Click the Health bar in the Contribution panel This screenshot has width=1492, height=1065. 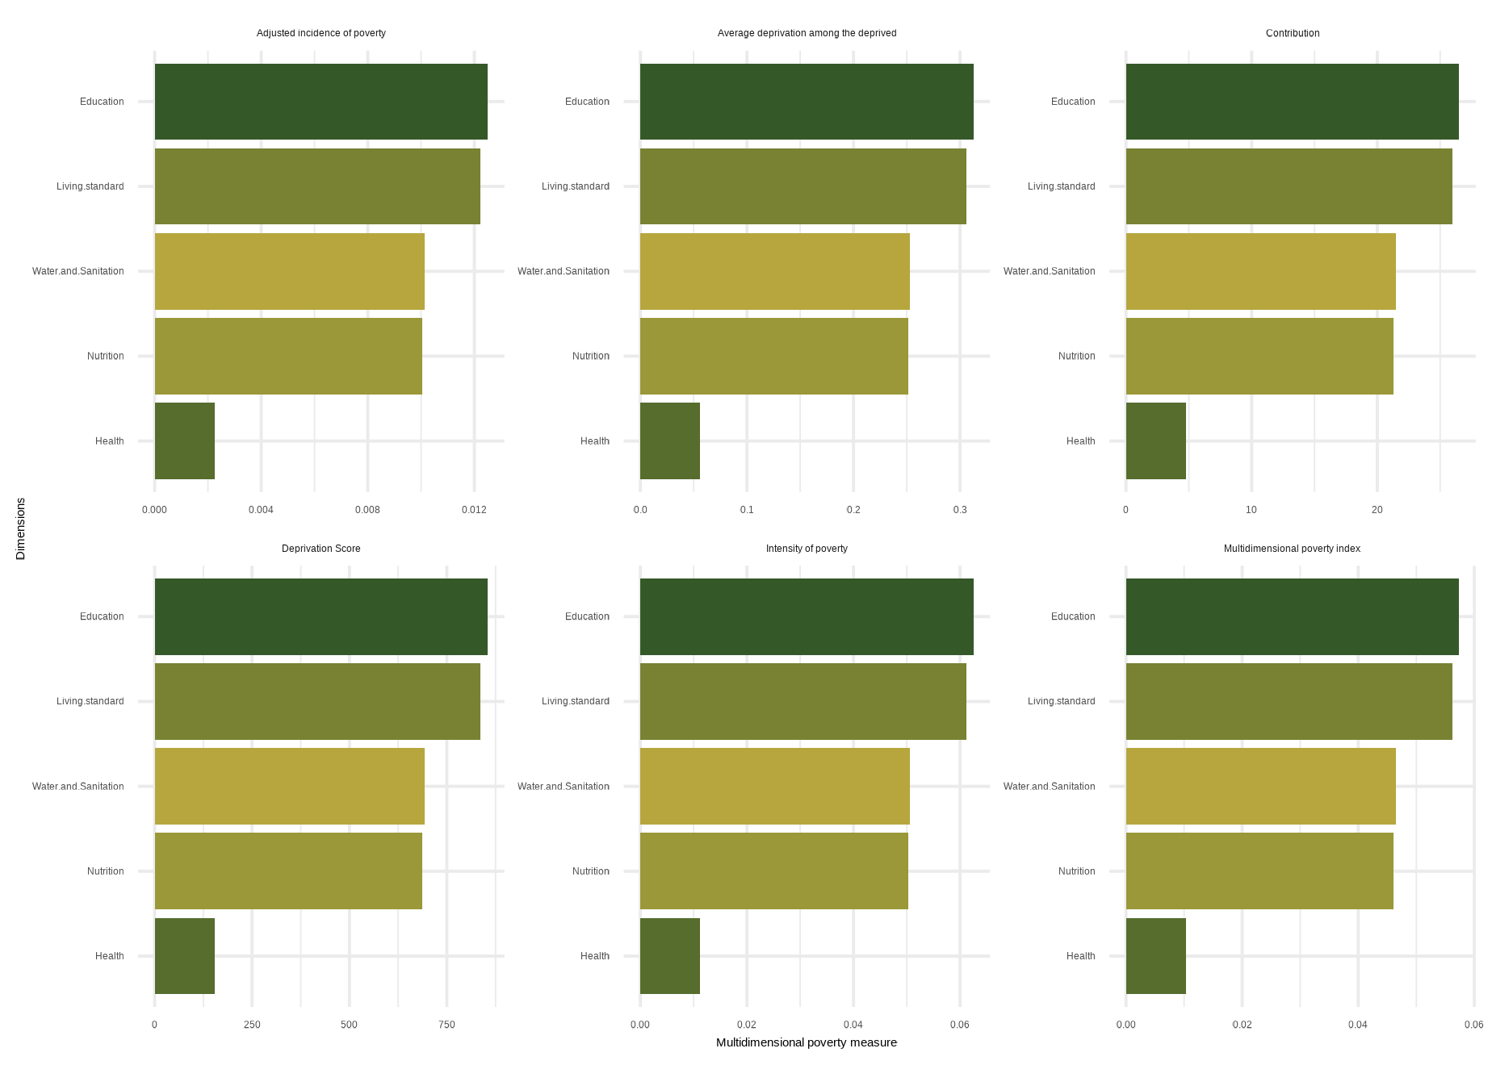(x=1155, y=441)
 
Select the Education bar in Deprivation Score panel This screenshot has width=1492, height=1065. (x=321, y=616)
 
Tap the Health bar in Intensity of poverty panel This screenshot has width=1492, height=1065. (x=669, y=956)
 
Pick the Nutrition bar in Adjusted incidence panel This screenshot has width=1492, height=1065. (x=288, y=356)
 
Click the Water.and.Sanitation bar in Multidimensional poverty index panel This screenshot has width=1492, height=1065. (x=1260, y=786)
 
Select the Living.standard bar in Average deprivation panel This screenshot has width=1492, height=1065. (x=803, y=186)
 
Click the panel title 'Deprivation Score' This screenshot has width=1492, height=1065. (x=321, y=549)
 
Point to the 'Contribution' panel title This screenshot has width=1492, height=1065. (x=1292, y=33)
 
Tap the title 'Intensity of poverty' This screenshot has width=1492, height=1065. (x=807, y=549)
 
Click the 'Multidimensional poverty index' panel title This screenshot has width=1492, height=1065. (x=1292, y=549)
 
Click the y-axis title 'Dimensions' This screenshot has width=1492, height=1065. (x=21, y=528)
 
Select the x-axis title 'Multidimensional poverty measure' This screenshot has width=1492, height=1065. (x=806, y=1042)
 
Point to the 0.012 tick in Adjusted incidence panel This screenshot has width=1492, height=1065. (x=474, y=510)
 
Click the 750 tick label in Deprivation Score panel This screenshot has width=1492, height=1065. (x=446, y=1025)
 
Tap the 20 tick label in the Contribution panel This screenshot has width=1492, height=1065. (x=1377, y=510)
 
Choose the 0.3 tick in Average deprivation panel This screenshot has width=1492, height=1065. (x=960, y=510)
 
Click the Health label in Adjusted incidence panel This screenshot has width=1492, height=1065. (x=109, y=441)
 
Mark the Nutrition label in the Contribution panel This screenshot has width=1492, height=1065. (x=1076, y=356)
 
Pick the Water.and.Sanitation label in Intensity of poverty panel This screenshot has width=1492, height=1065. (x=563, y=787)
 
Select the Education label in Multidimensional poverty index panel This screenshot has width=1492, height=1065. (x=1073, y=616)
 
